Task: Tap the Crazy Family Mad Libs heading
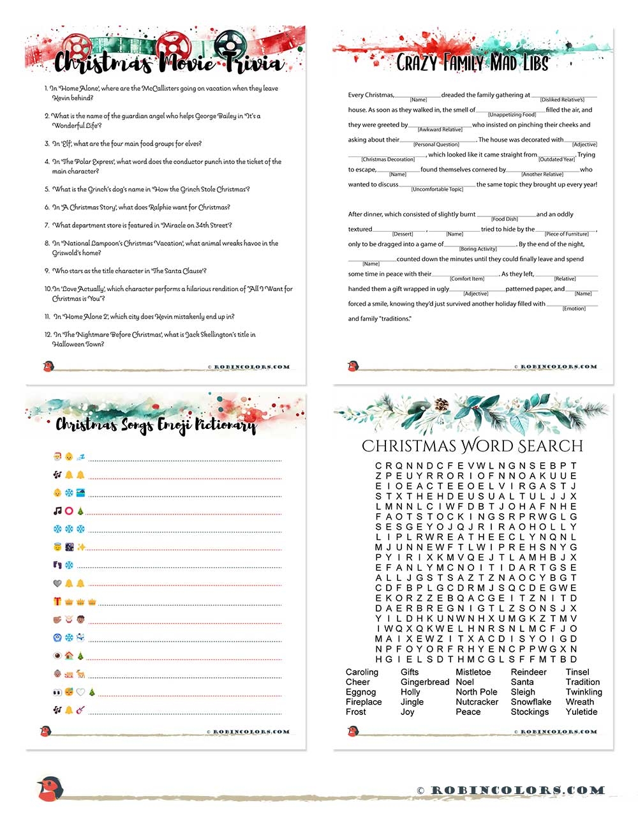(472, 63)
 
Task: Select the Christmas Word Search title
(472, 446)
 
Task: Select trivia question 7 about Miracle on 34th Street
(142, 225)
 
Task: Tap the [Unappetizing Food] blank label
(512, 115)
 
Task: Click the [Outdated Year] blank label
(556, 160)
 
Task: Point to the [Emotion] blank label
(574, 309)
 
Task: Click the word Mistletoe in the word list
(473, 672)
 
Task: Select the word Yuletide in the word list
(582, 712)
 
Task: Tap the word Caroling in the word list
(362, 672)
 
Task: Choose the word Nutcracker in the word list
(477, 702)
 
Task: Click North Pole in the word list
(477, 692)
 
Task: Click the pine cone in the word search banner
(441, 405)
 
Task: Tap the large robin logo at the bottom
(49, 790)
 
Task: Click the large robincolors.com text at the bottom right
(517, 791)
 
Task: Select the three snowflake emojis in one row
(69, 529)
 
